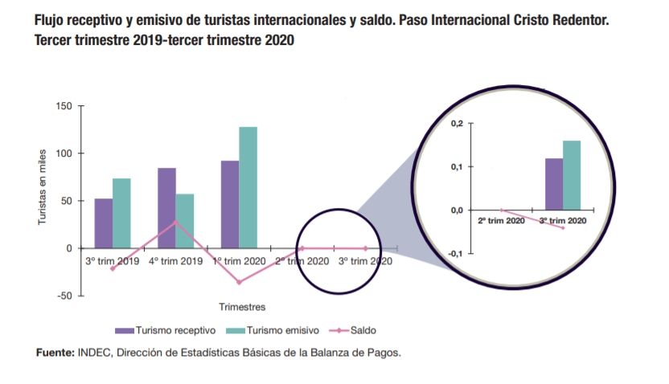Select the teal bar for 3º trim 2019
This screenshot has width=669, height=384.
[121, 214]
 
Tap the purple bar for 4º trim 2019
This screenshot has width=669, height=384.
[166, 208]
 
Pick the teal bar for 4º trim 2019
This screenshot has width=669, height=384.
[184, 221]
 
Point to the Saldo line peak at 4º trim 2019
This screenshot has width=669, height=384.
[175, 222]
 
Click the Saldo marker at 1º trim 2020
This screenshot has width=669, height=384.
[239, 282]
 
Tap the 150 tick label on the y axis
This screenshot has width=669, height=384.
[64, 106]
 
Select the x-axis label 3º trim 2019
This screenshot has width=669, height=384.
[113, 261]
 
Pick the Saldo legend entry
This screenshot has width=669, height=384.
[354, 330]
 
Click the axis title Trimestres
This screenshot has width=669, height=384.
[242, 306]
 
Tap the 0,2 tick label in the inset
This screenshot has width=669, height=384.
[457, 123]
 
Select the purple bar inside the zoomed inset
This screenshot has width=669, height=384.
[554, 184]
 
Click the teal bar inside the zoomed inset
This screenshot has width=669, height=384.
[572, 175]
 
